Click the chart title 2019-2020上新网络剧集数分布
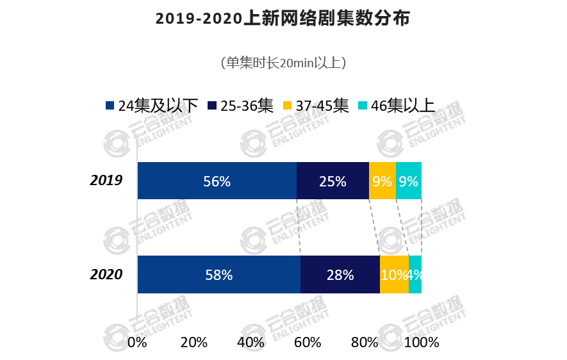283,19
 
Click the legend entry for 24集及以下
151,106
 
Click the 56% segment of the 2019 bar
217,181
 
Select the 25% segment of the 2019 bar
333,181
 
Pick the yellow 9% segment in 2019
382,181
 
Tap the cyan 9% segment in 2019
409,181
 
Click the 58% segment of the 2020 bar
218,275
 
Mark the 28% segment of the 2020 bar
340,275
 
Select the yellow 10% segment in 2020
394,275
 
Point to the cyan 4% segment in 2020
415,275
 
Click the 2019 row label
106,181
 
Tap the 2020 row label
106,274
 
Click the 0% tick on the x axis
137,342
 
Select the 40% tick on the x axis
251,342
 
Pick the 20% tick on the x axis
193,342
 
